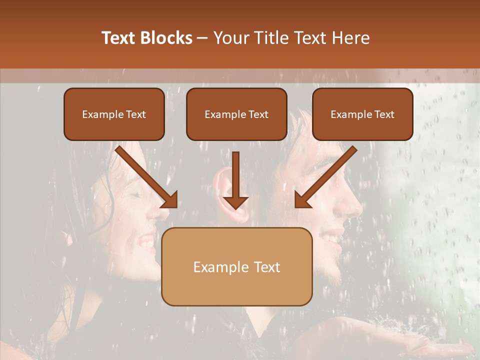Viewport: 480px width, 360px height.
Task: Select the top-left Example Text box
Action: (x=114, y=114)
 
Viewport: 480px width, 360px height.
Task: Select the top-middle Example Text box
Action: (x=236, y=114)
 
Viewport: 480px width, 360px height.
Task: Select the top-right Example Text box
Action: (x=362, y=114)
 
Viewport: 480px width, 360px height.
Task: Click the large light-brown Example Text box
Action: (x=236, y=267)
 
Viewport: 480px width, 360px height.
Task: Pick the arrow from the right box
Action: (x=324, y=177)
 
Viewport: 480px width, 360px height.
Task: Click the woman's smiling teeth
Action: (x=147, y=242)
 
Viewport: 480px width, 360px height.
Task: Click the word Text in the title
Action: (x=120, y=38)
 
